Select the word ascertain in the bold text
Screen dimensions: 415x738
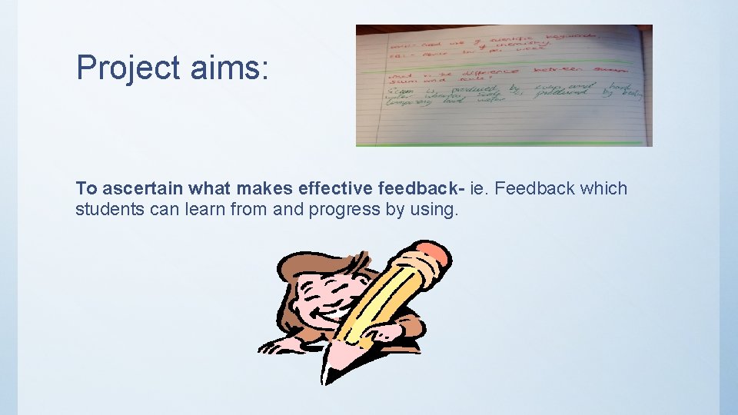143,189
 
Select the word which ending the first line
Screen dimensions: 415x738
604,189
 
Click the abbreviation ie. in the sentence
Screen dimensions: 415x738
474,189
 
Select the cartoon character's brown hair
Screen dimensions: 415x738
296,269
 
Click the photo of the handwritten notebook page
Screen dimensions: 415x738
504,85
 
